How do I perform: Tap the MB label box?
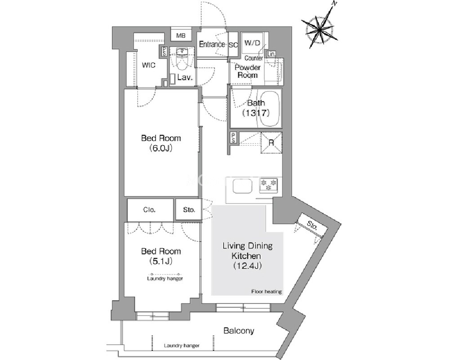pyautogui.click(x=181, y=36)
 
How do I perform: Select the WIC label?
pyautogui.click(x=149, y=65)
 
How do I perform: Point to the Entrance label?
pyautogui.click(x=212, y=44)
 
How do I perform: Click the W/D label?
pyautogui.click(x=252, y=43)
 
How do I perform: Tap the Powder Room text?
pyautogui.click(x=247, y=71)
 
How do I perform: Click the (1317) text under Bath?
pyautogui.click(x=256, y=113)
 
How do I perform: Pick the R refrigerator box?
pyautogui.click(x=271, y=142)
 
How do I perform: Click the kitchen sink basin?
pyautogui.click(x=242, y=186)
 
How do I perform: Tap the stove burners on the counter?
pyautogui.click(x=269, y=185)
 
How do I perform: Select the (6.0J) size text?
pyautogui.click(x=160, y=148)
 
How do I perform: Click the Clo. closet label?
pyautogui.click(x=150, y=210)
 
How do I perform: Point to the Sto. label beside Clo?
pyautogui.click(x=189, y=209)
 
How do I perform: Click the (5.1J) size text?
pyautogui.click(x=160, y=261)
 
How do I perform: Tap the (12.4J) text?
pyautogui.click(x=247, y=266)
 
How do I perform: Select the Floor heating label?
pyautogui.click(x=267, y=292)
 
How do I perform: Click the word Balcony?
pyautogui.click(x=239, y=331)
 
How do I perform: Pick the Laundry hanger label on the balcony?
pyautogui.click(x=182, y=346)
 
